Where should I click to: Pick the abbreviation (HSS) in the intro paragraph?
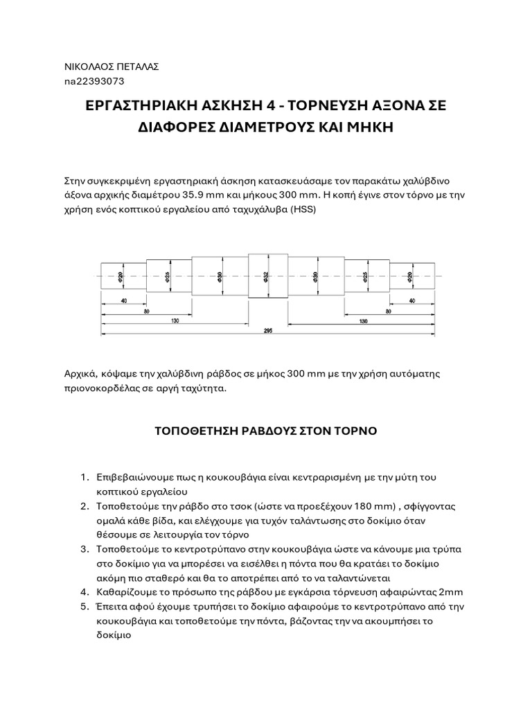(302, 209)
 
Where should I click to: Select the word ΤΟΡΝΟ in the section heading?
(353, 431)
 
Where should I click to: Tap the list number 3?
(83, 548)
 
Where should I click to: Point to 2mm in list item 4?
(449, 591)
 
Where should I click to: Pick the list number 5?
(83, 606)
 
